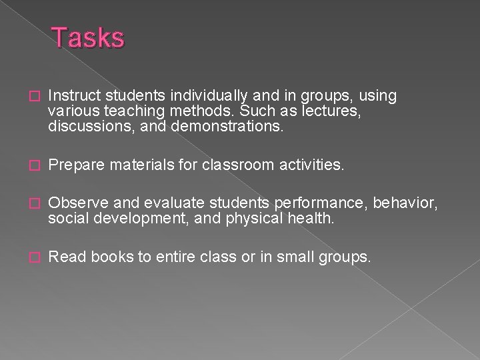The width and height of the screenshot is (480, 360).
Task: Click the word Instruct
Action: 71,97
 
